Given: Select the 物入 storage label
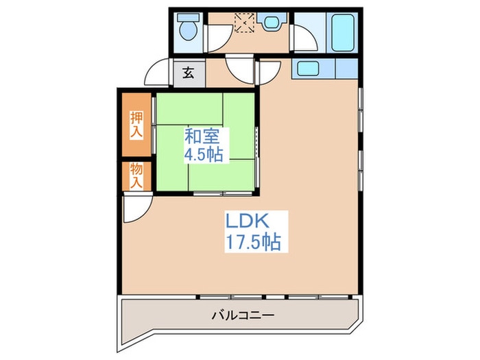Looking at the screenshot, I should (136, 176).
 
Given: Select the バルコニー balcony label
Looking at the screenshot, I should (243, 316).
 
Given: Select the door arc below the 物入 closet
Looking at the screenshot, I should (135, 208).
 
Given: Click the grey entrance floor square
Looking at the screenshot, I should (187, 73).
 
